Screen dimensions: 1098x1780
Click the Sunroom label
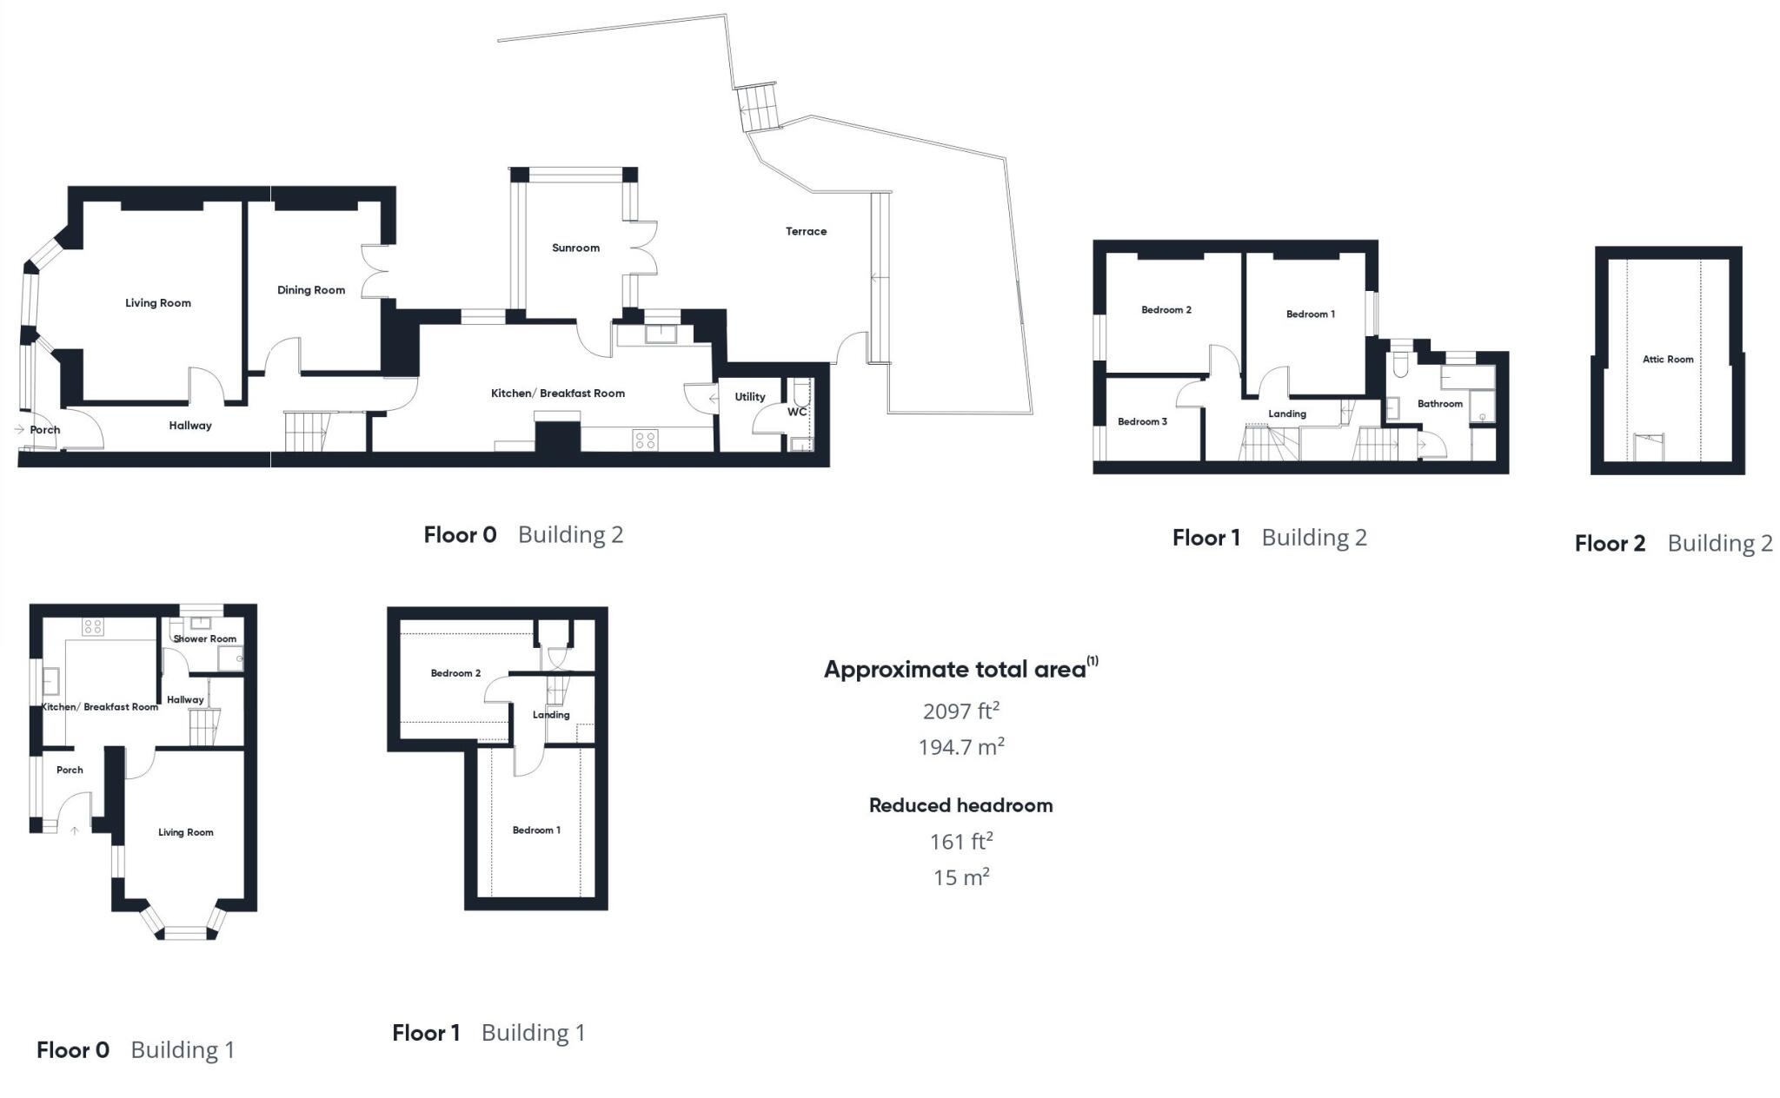(x=575, y=248)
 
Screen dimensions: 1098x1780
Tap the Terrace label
(x=806, y=231)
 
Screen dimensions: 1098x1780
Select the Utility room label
(x=749, y=397)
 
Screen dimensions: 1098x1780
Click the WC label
(x=796, y=412)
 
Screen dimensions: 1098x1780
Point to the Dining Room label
(x=311, y=290)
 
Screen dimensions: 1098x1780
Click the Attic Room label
(x=1667, y=359)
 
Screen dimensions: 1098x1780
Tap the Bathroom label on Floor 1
(x=1439, y=404)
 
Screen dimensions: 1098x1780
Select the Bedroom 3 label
(x=1141, y=421)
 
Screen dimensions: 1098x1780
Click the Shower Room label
(x=204, y=638)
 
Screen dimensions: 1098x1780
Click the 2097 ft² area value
(x=960, y=711)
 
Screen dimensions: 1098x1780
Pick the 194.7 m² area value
(x=960, y=746)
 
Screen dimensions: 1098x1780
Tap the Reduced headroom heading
(x=960, y=805)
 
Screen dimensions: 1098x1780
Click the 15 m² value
(x=960, y=877)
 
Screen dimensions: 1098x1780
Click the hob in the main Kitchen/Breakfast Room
(x=645, y=440)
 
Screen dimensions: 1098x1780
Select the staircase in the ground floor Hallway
(x=306, y=431)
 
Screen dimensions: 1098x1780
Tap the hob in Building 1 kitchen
(x=93, y=626)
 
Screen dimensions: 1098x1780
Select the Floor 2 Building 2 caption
(x=1673, y=544)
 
